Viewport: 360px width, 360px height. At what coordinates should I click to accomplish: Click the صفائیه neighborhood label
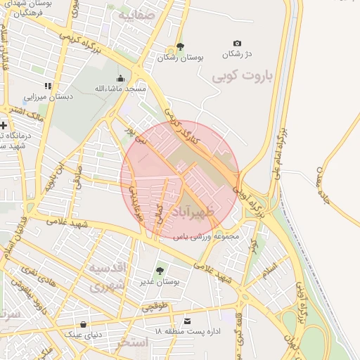pyautogui.click(x=135, y=14)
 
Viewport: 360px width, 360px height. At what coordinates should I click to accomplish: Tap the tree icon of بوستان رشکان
pyautogui.click(x=181, y=47)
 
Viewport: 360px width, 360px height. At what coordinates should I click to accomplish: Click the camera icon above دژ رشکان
pyautogui.click(x=237, y=43)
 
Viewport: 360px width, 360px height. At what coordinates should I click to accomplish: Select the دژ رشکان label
pyautogui.click(x=237, y=54)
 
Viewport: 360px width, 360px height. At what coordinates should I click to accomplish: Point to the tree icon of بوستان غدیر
pyautogui.click(x=159, y=269)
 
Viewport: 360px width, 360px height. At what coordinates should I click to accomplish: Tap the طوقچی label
pyautogui.click(x=155, y=307)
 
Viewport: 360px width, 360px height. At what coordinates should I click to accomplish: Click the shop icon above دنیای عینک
pyautogui.click(x=84, y=324)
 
